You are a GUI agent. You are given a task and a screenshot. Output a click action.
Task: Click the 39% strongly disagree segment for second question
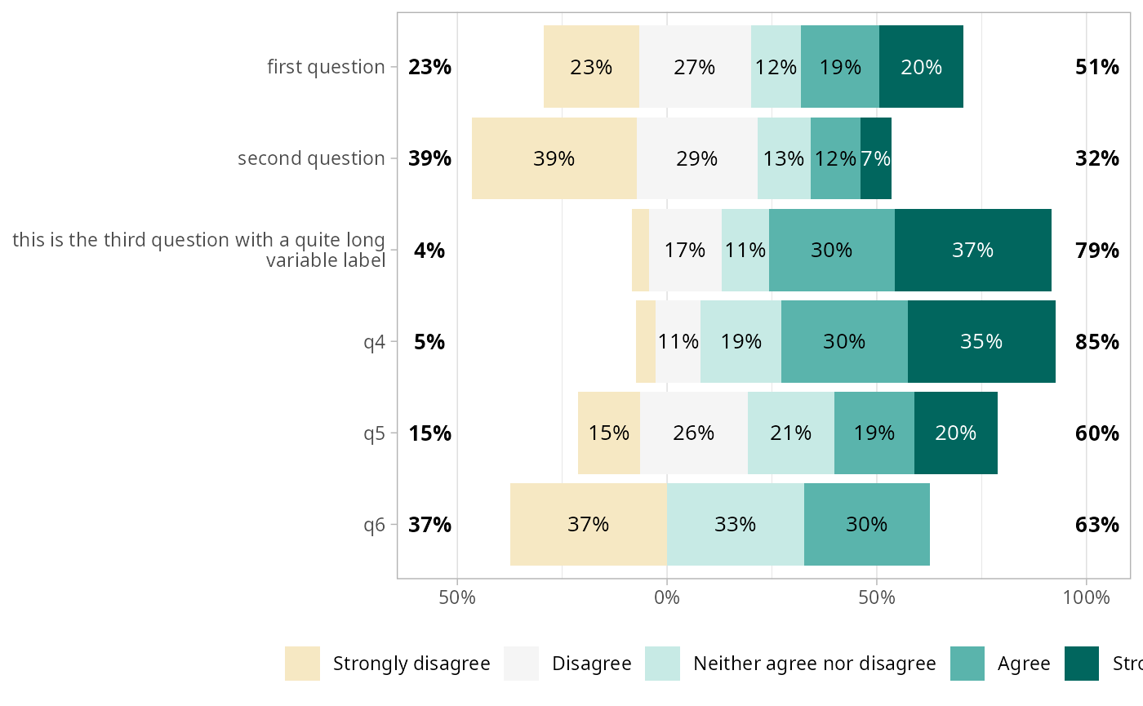coord(554,158)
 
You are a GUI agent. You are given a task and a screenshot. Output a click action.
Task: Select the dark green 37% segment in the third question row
coord(972,250)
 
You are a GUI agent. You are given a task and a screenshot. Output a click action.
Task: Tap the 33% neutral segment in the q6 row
coord(735,524)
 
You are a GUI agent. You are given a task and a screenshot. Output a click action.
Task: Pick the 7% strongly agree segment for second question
coord(876,158)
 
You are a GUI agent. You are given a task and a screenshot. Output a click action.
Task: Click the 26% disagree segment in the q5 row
coord(694,433)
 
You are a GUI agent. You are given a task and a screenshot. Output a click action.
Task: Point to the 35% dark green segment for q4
coord(981,341)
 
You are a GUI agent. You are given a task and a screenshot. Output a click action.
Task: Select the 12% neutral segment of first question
coord(776,67)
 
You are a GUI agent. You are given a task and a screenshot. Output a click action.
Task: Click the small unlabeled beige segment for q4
coord(646,341)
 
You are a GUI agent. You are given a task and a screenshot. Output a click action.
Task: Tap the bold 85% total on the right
coord(1096,341)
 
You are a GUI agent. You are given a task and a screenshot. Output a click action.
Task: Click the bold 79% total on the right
coord(1096,250)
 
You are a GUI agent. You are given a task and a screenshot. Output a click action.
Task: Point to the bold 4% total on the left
coord(429,250)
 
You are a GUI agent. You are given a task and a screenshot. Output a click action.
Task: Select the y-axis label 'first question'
coord(326,67)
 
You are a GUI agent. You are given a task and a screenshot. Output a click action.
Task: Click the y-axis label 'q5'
coord(374,433)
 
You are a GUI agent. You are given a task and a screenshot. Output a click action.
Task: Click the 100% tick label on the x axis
coord(1086,597)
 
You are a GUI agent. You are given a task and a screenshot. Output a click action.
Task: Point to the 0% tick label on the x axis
coord(667,597)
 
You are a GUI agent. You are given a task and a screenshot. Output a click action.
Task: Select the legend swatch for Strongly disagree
coord(302,664)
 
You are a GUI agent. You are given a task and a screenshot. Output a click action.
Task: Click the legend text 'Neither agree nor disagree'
coord(814,664)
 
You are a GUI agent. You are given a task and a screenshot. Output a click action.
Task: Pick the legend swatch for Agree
coord(968,664)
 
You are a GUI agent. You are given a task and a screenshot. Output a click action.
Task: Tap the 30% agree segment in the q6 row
coord(866,524)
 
